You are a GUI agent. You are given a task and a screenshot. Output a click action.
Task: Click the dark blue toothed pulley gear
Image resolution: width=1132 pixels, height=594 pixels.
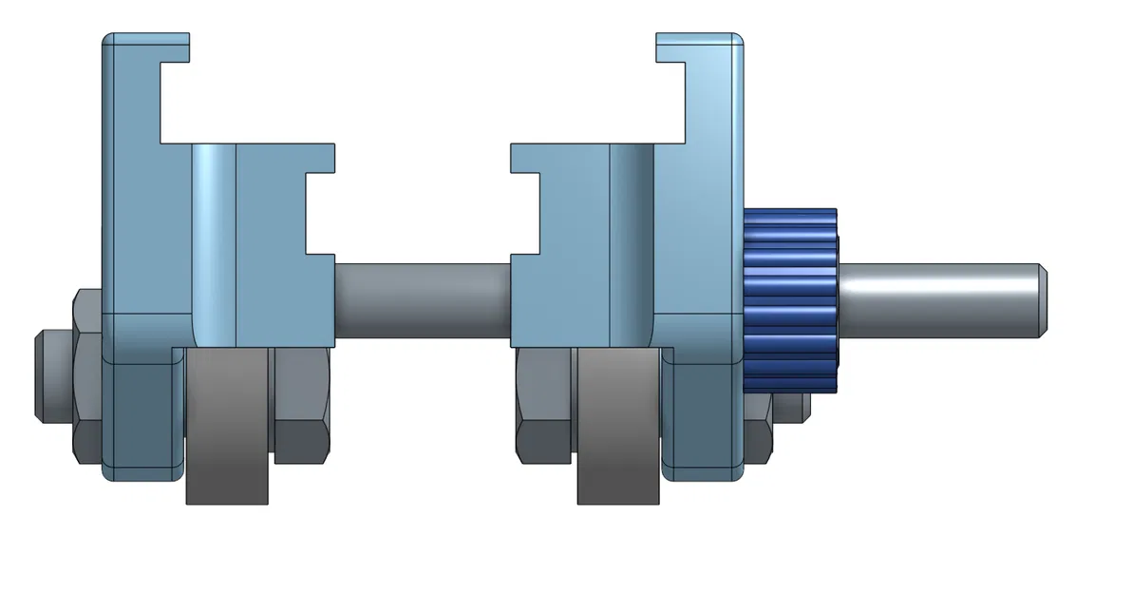pyautogui.click(x=790, y=300)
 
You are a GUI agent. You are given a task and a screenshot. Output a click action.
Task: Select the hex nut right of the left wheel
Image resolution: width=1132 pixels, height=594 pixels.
pyautogui.click(x=301, y=404)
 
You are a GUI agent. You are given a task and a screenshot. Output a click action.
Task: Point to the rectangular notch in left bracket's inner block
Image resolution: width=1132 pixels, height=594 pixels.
pyautogui.click(x=320, y=214)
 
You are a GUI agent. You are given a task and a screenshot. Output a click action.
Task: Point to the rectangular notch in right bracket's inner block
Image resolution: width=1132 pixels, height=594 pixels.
pyautogui.click(x=525, y=214)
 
